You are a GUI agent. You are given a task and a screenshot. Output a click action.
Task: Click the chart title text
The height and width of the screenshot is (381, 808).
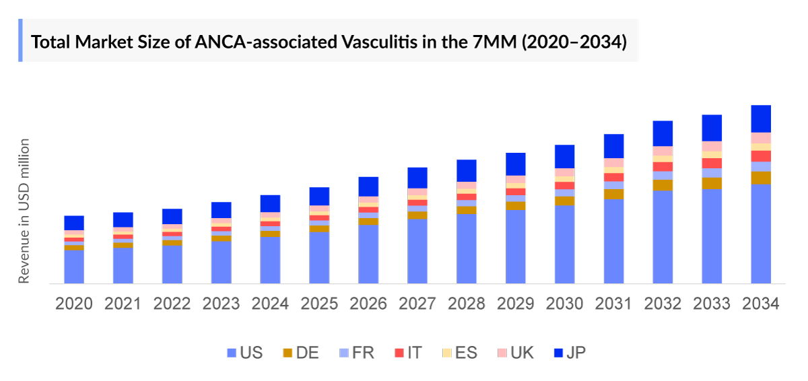click(x=329, y=42)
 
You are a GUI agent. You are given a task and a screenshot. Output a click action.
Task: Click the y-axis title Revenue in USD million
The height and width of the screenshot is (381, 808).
click(x=24, y=211)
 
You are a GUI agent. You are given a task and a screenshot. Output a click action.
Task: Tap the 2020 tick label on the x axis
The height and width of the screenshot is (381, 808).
click(x=73, y=304)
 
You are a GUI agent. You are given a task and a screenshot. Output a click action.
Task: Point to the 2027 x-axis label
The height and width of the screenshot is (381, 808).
click(x=417, y=304)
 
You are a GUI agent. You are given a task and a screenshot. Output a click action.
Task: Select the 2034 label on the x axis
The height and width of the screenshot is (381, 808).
click(x=760, y=304)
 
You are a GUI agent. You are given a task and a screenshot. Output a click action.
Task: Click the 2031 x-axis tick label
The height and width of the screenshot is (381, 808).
click(x=613, y=304)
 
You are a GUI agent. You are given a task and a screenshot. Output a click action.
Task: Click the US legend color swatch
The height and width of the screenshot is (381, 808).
click(x=232, y=353)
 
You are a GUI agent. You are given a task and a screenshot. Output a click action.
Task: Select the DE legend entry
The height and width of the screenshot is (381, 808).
click(x=300, y=353)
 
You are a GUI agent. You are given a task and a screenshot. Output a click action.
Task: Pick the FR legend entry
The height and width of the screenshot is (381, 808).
click(x=355, y=353)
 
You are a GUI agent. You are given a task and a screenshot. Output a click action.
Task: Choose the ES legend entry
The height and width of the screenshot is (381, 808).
click(x=459, y=353)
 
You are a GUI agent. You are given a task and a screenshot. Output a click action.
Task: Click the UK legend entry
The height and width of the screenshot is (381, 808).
click(x=515, y=353)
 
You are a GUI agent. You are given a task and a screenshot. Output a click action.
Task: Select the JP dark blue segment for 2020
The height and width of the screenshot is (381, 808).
click(x=74, y=223)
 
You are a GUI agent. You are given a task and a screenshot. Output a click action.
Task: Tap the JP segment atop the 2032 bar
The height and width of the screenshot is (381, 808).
click(x=663, y=133)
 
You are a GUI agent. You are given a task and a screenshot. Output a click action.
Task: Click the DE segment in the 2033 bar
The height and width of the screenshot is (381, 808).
click(x=712, y=183)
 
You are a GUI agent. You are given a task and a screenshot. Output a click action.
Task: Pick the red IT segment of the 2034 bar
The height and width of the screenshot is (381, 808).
click(x=761, y=156)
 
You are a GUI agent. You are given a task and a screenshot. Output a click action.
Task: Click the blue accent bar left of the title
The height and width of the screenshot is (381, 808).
click(x=20, y=40)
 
